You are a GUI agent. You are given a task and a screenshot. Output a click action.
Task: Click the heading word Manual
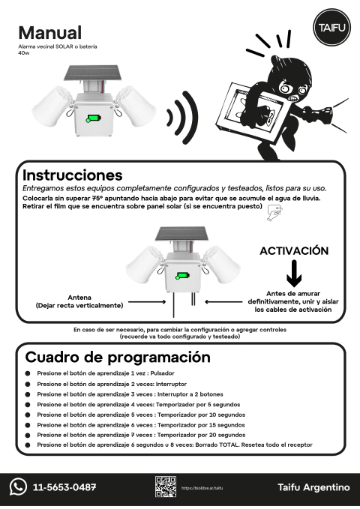pos(49,33)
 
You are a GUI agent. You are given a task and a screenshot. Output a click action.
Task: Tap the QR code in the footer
pos(165,487)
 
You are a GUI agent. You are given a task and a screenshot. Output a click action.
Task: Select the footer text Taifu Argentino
pos(313,487)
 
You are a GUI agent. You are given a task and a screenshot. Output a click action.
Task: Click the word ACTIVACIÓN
pos(294,250)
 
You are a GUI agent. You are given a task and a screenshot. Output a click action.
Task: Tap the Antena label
pos(79,297)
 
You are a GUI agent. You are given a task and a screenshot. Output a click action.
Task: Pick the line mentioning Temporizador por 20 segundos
pos(140,435)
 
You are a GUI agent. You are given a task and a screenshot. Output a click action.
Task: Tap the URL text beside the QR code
pos(202,488)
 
